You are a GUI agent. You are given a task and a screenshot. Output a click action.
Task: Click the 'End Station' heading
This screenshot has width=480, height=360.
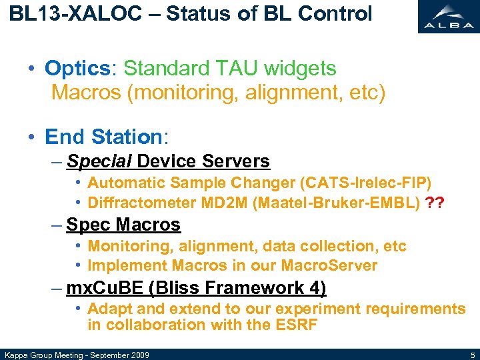103,137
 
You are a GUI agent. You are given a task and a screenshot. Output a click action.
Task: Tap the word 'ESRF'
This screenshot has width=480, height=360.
295,325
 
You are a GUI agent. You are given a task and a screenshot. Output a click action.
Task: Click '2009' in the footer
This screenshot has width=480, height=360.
138,354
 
